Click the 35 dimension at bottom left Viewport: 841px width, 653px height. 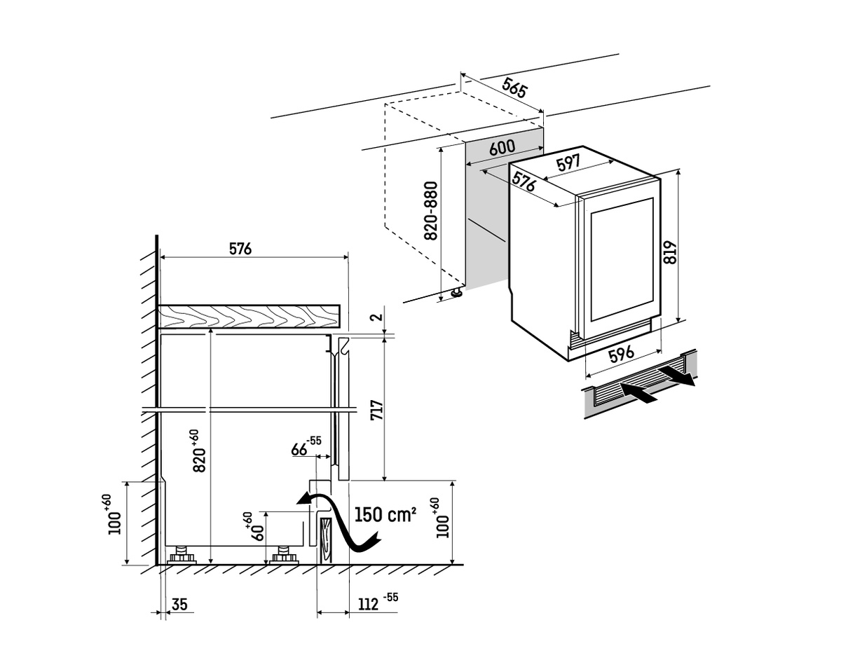pos(179,604)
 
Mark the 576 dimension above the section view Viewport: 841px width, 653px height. pos(240,249)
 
